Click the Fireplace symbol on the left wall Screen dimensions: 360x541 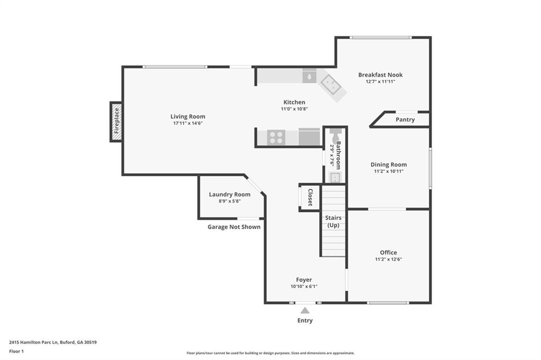tap(116, 122)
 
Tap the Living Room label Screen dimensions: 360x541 tap(188, 117)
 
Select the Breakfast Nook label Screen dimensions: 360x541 tap(380, 75)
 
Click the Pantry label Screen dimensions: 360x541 tap(405, 120)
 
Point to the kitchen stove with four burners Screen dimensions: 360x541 tap(277, 137)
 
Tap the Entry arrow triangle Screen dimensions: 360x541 tap(305, 311)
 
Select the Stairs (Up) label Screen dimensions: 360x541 tap(333, 221)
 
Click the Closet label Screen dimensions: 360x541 tap(310, 197)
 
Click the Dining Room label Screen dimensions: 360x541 tap(388, 165)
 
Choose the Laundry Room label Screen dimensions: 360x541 tap(229, 194)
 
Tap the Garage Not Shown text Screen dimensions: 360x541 tap(234, 227)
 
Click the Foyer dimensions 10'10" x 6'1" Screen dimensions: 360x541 tap(304, 287)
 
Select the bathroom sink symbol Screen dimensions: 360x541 tap(335, 176)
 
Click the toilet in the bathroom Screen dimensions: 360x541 tap(334, 135)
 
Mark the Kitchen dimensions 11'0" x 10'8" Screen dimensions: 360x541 tap(294, 109)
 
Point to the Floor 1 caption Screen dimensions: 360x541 tap(16, 351)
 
